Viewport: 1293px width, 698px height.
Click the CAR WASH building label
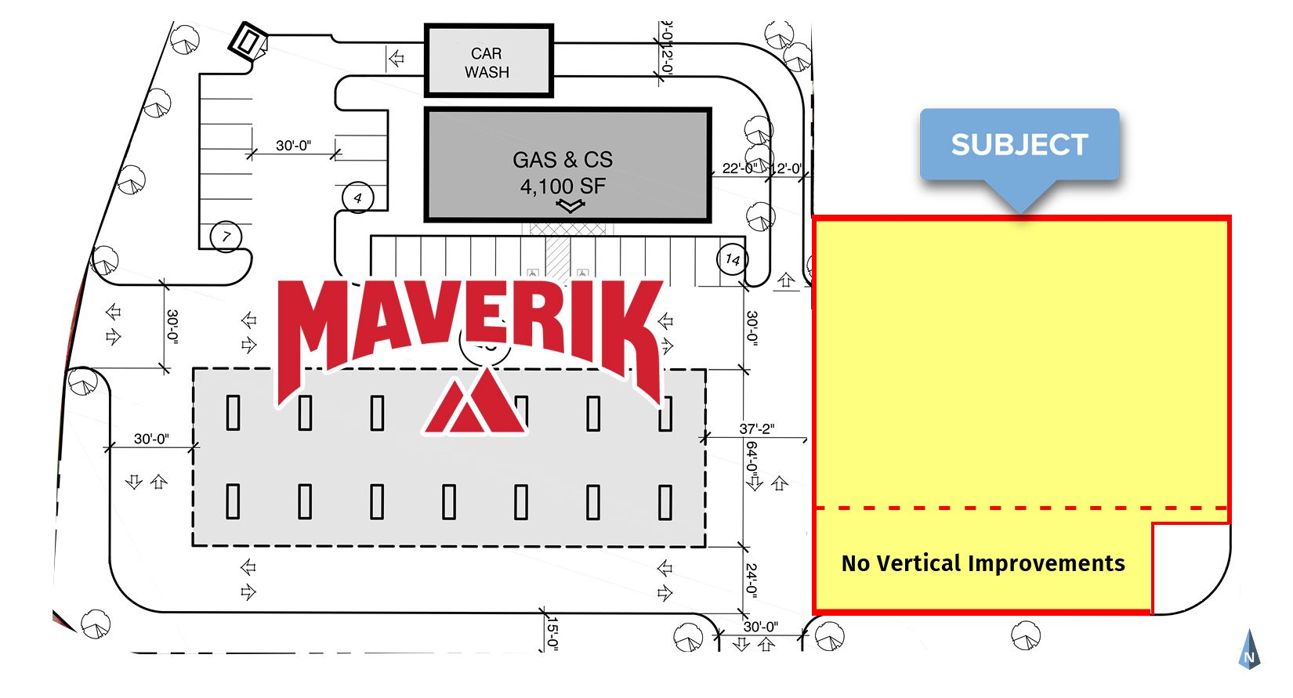[487, 63]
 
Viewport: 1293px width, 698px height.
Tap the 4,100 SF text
[563, 186]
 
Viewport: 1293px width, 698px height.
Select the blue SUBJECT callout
[1020, 145]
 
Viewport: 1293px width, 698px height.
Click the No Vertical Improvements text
[983, 563]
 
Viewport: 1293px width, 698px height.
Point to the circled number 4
[357, 197]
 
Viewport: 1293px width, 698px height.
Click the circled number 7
[226, 236]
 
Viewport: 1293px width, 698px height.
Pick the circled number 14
[733, 259]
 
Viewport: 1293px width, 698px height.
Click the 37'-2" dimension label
[756, 429]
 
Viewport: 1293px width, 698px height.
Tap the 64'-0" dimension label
[752, 461]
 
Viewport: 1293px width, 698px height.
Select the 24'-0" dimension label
[752, 580]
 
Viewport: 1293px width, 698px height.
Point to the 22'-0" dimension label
[739, 168]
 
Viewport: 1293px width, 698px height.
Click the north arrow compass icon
[1249, 650]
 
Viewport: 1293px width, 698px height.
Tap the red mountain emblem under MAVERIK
[476, 403]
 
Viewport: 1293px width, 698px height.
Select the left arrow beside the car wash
[397, 58]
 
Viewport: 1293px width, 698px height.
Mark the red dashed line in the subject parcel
[1019, 508]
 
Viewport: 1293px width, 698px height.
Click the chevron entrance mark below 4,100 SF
[570, 206]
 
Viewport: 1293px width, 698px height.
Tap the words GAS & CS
[563, 160]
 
